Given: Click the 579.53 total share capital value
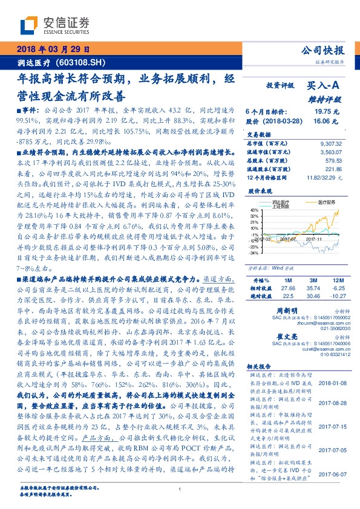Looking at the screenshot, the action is [x=333, y=160].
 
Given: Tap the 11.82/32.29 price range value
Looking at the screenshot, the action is [x=324, y=177].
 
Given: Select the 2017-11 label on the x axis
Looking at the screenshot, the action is [x=315, y=256].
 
